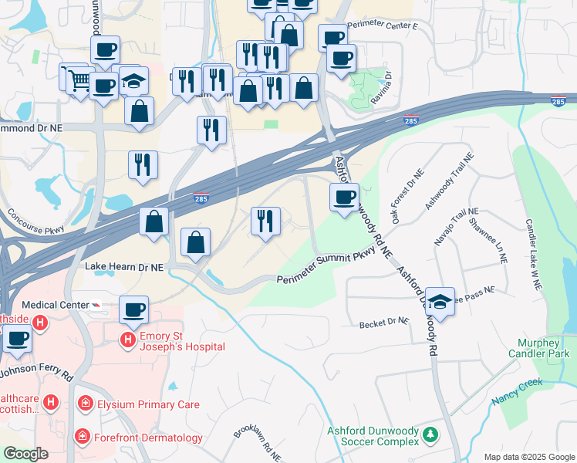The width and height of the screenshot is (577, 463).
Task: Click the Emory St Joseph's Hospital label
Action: [x=182, y=341]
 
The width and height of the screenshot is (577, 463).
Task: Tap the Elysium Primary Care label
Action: [x=148, y=404]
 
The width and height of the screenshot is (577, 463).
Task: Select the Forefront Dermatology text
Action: [x=148, y=438]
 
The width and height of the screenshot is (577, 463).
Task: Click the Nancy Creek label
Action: [x=517, y=392]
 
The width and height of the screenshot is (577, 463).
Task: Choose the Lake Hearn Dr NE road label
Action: [x=124, y=266]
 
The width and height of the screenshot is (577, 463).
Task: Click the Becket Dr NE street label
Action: [x=383, y=324]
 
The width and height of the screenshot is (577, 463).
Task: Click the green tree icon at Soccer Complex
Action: [x=430, y=438]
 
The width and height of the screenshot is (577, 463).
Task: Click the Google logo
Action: [x=25, y=454]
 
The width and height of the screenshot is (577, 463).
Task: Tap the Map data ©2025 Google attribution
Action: [x=528, y=457]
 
